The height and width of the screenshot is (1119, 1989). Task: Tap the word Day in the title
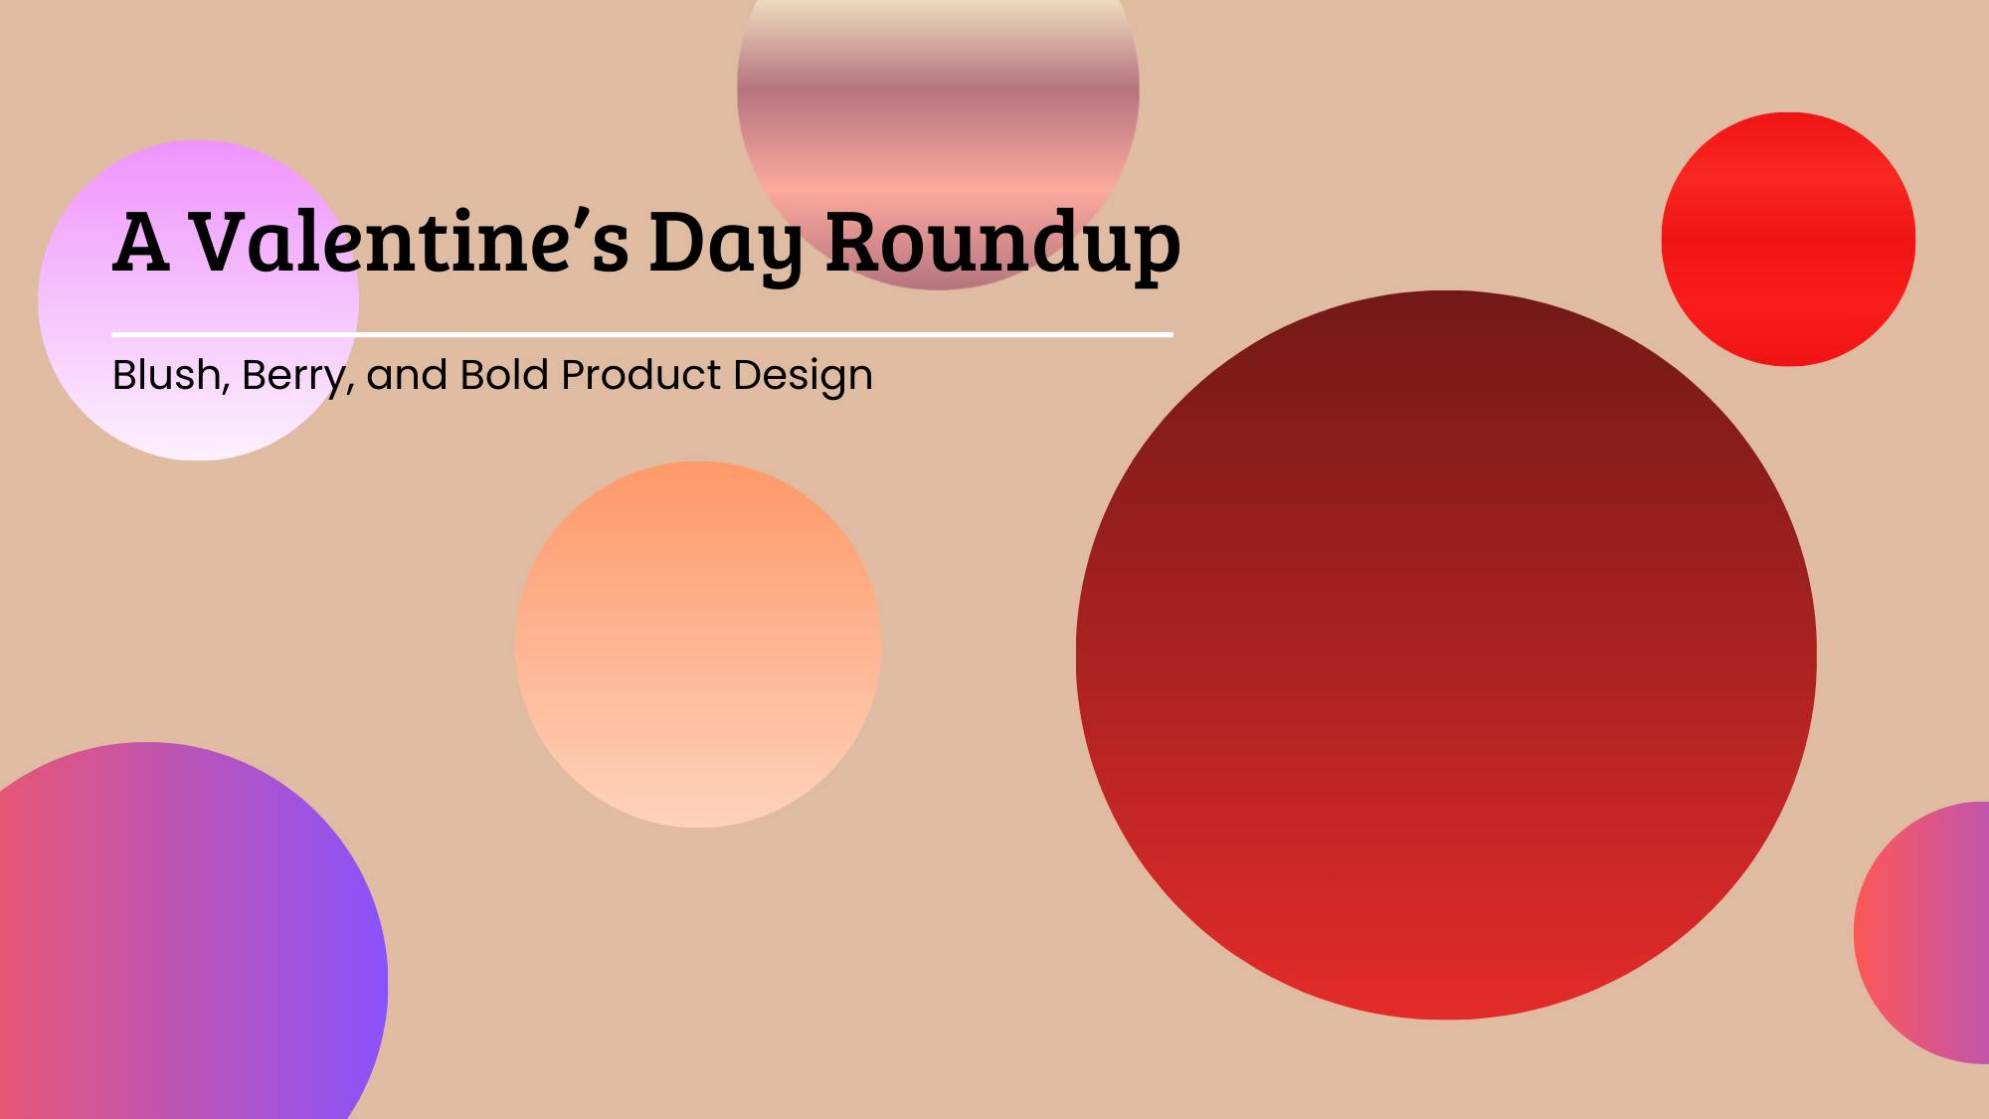pyautogui.click(x=725, y=244)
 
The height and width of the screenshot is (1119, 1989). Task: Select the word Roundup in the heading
pyautogui.click(x=1002, y=244)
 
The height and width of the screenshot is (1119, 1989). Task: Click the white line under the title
pyautogui.click(x=642, y=335)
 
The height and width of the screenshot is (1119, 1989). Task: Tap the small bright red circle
pyautogui.click(x=1788, y=239)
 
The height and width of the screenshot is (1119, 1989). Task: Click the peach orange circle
pyautogui.click(x=698, y=644)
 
